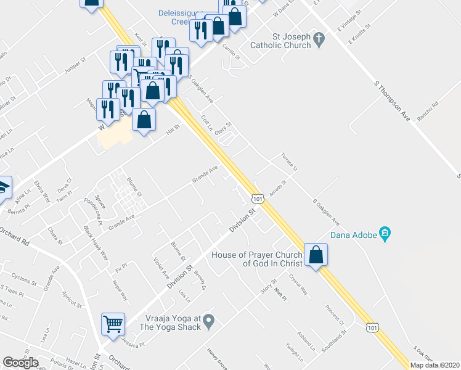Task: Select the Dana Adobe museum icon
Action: (385, 234)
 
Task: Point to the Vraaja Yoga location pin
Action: (209, 320)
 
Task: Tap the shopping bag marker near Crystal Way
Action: (316, 255)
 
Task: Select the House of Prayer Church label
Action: (257, 260)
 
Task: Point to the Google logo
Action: (20, 363)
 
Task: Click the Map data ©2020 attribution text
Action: (434, 365)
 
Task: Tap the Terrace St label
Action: (289, 162)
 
